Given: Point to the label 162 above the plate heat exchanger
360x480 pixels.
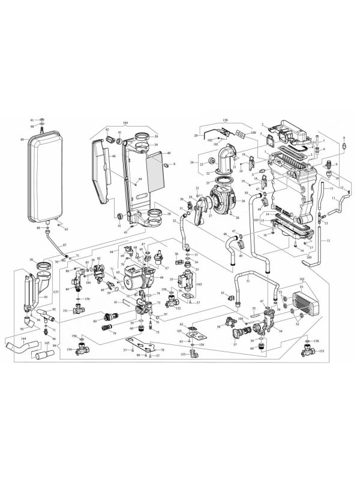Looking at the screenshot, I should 302,280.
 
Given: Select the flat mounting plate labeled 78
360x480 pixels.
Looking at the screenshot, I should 144,346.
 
